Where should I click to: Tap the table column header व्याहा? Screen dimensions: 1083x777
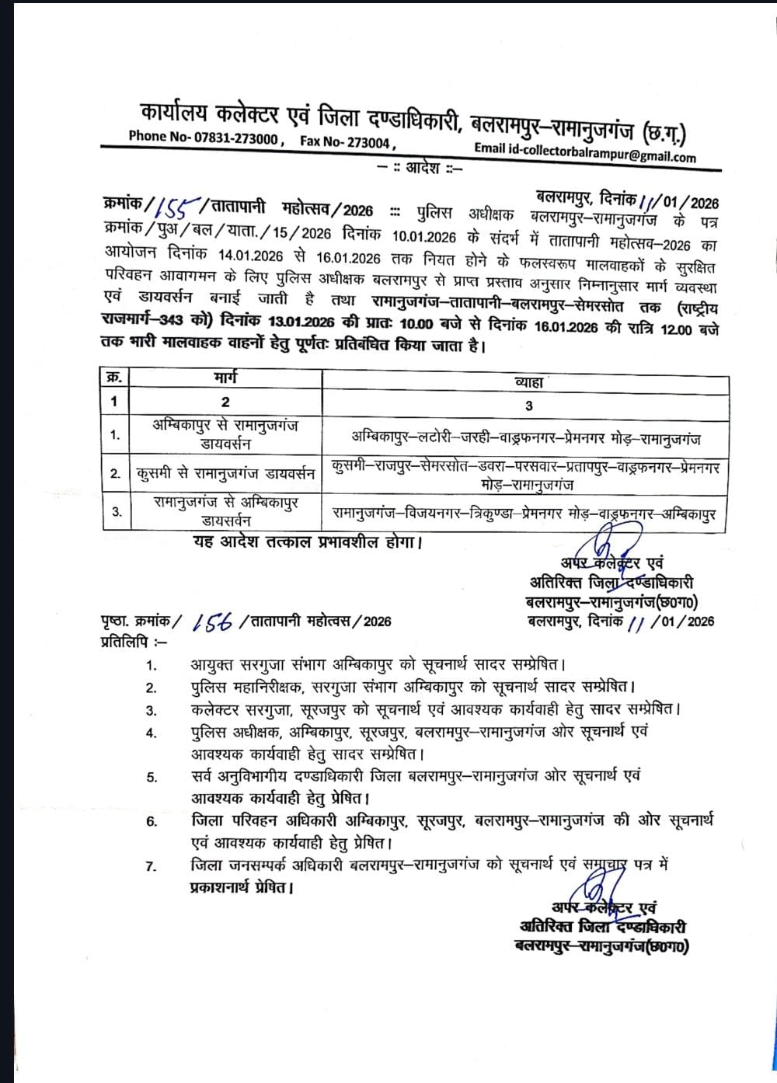[x=528, y=382]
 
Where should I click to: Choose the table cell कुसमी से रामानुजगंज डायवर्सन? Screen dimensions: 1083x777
[x=225, y=472]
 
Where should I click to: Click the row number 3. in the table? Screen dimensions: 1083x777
[x=115, y=512]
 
